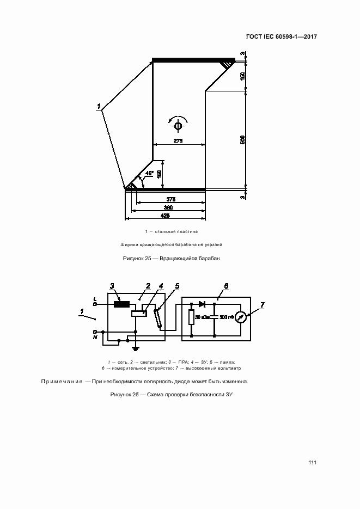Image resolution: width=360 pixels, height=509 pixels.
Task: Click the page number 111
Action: (x=312, y=463)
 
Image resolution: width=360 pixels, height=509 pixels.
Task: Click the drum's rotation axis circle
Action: (x=178, y=126)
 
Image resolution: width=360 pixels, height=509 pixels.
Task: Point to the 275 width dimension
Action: (x=178, y=140)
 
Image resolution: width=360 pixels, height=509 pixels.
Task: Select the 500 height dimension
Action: (x=243, y=139)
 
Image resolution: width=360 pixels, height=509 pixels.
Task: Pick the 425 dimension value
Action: (x=165, y=216)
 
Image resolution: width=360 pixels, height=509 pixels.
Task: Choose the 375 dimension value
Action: (x=171, y=199)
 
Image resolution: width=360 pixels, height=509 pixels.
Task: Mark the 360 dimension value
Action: (x=168, y=207)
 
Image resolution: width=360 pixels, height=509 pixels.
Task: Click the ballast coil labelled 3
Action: (x=121, y=304)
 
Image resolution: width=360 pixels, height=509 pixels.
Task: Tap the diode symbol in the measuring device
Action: (x=202, y=304)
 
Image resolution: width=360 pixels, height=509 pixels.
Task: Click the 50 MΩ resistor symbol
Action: (x=191, y=317)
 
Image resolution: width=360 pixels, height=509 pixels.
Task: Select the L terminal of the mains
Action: (x=95, y=304)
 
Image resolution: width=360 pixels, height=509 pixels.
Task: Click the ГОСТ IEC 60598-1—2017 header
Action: (x=282, y=36)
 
